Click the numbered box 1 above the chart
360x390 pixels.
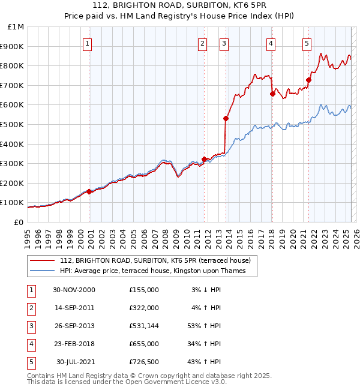coord(88,43)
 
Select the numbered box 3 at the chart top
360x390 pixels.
coord(223,43)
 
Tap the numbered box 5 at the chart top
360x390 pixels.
coord(307,43)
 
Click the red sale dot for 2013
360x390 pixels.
coord(226,118)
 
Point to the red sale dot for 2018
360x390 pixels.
coord(272,94)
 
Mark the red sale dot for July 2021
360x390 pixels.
coord(309,80)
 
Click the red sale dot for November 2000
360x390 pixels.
coord(89,191)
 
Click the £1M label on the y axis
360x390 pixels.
coord(16,27)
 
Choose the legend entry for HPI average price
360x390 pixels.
coord(157,271)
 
